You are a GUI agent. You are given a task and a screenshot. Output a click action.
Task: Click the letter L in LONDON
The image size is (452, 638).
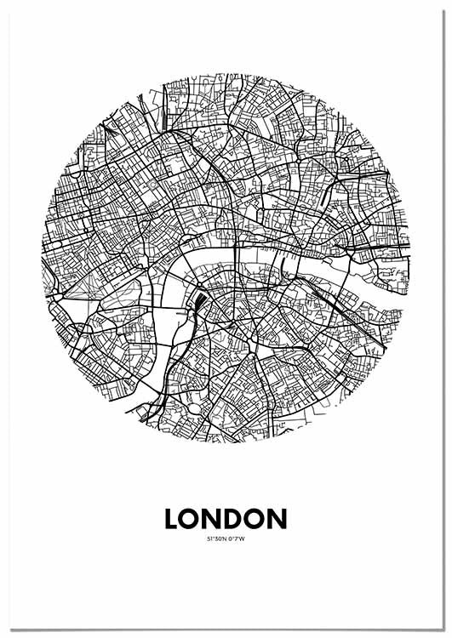173,518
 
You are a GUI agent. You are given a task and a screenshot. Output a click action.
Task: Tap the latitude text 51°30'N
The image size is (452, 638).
217,538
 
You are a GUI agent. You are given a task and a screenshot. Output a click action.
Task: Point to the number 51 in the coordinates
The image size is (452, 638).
209,538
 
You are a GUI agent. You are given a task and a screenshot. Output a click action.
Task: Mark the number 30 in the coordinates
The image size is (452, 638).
218,538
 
